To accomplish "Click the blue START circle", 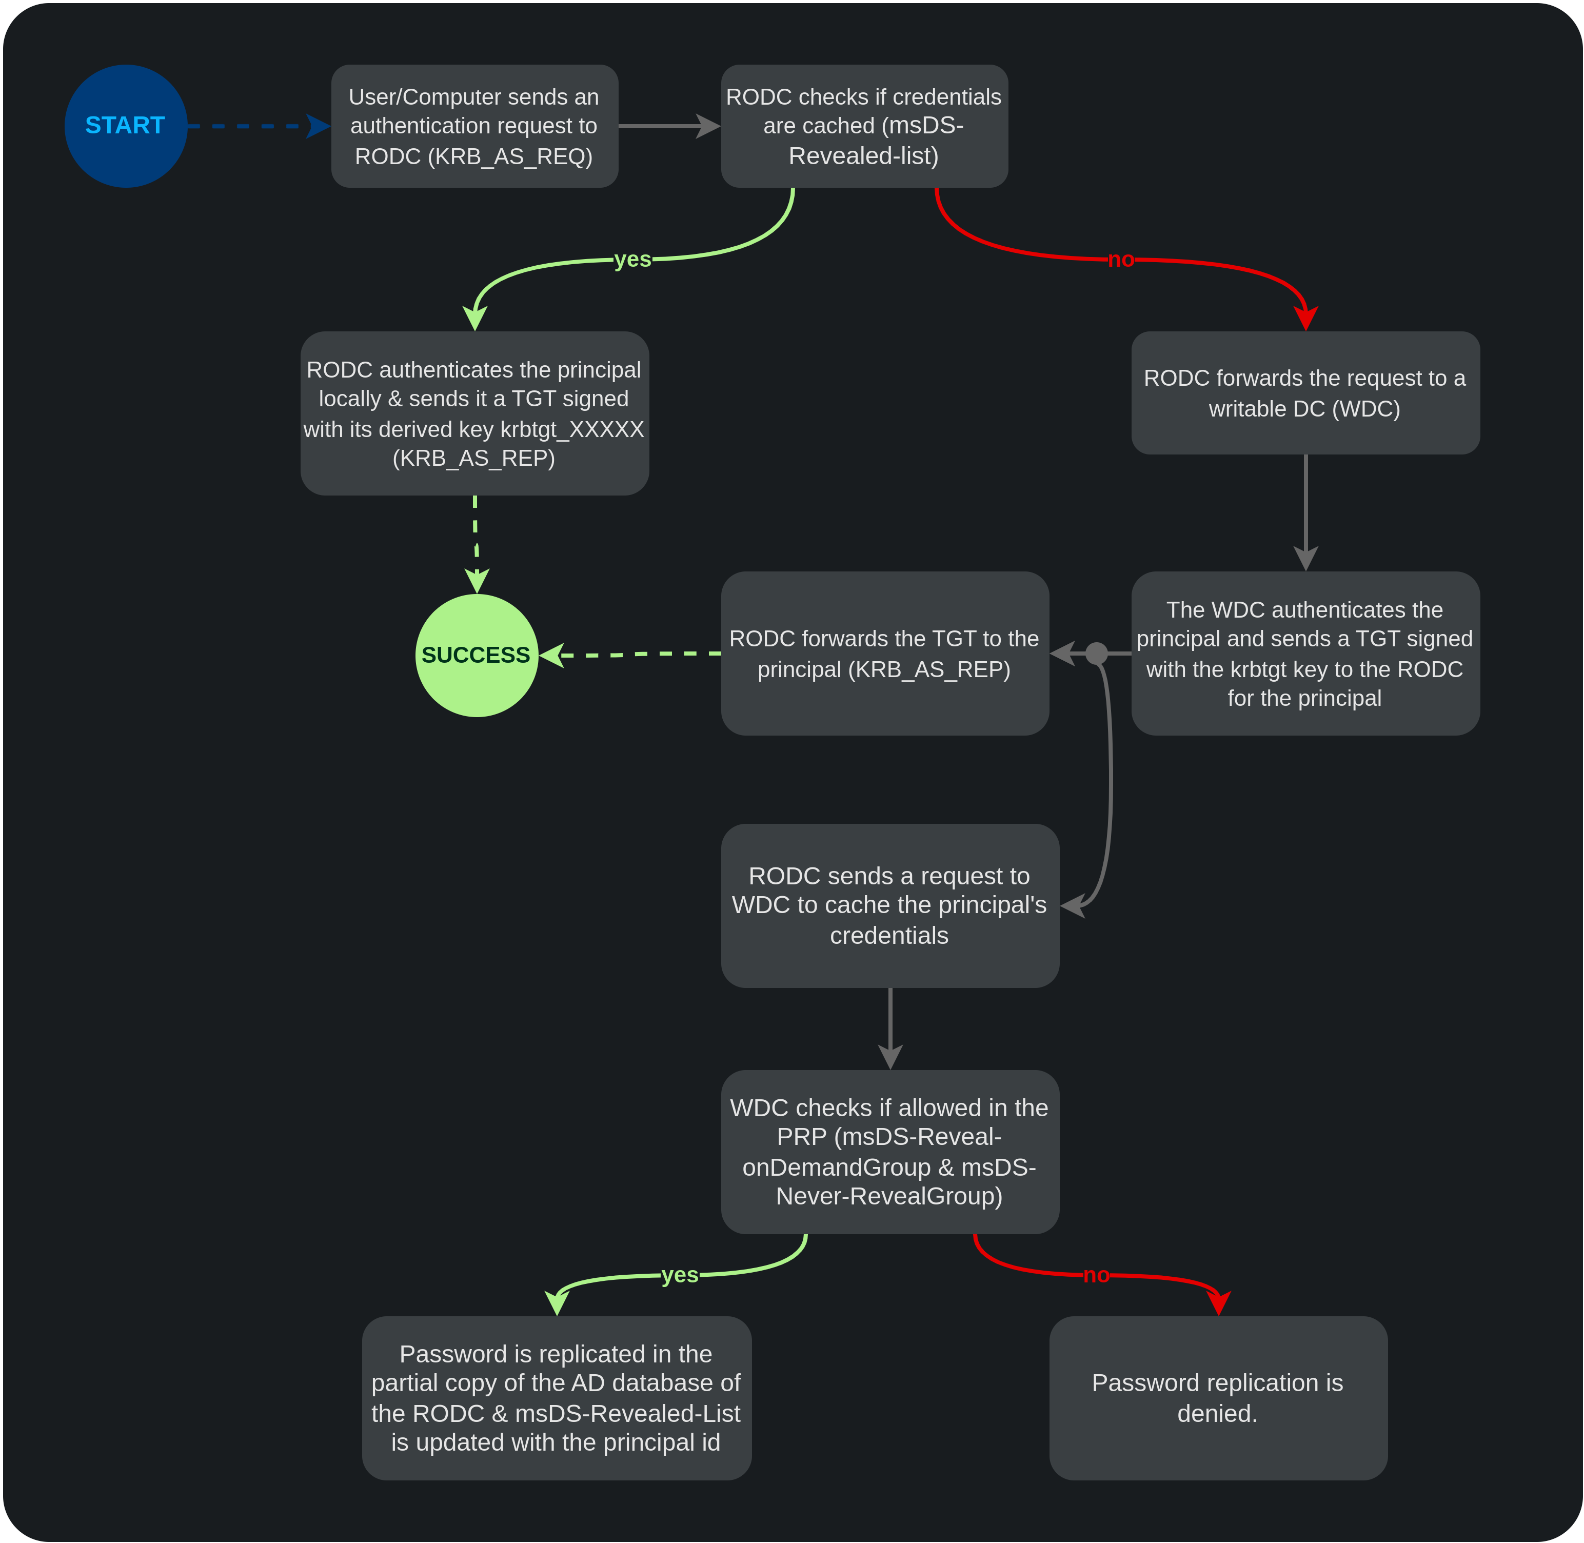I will point(126,126).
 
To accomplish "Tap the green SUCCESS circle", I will point(477,655).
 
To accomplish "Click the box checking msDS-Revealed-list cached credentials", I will point(864,126).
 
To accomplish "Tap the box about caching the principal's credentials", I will point(889,905).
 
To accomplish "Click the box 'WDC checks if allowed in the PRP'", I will point(889,1152).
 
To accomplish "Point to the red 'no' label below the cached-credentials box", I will point(1121,260).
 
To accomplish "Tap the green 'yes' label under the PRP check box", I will point(680,1275).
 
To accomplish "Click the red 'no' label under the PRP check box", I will point(1096,1275).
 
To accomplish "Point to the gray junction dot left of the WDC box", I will point(1096,653).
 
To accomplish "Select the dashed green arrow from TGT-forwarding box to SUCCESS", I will point(632,654).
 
